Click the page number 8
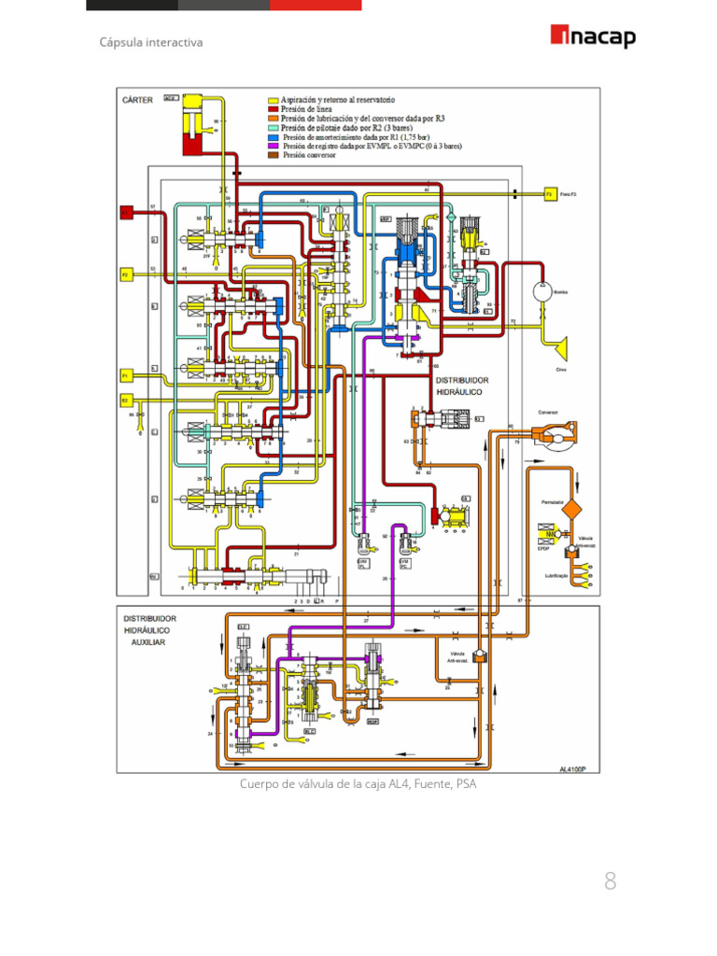coord(611,880)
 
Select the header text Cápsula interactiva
coord(150,42)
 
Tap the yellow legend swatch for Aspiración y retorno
coord(274,98)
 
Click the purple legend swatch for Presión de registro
coord(274,147)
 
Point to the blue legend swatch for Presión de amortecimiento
coord(274,137)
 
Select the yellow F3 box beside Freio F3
coord(551,194)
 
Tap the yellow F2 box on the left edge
coord(123,274)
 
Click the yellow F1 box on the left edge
coord(123,375)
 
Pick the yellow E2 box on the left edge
coord(123,400)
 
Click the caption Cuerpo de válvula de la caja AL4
coord(358,784)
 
